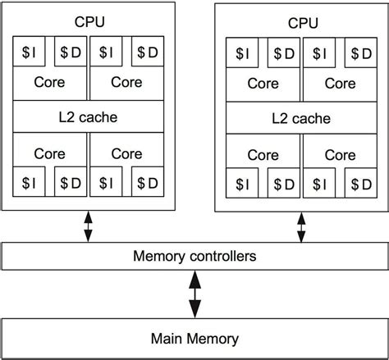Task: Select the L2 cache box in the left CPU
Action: pyautogui.click(x=89, y=116)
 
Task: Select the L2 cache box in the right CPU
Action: pyautogui.click(x=301, y=117)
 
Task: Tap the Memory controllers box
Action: pyautogui.click(x=194, y=257)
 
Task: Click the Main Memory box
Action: pyautogui.click(x=194, y=338)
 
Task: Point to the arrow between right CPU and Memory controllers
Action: pyautogui.click(x=301, y=227)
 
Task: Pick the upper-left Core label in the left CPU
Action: pyautogui.click(x=50, y=83)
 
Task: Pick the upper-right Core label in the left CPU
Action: pyautogui.click(x=126, y=83)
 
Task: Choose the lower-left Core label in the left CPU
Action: pyautogui.click(x=50, y=153)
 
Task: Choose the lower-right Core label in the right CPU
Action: pyautogui.click(x=339, y=154)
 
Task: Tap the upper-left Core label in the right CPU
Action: pyautogui.click(x=263, y=84)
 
